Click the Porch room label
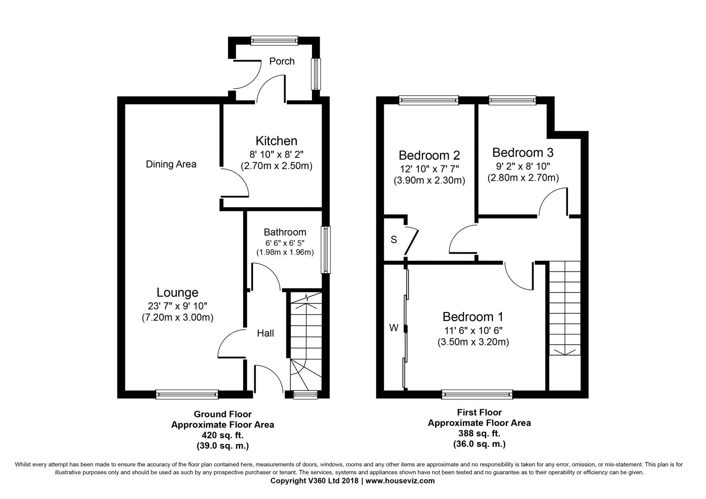pos(282,61)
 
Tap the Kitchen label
pos(276,141)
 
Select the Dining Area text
pos(171,164)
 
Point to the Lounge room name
pos(177,293)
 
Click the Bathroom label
pos(285,232)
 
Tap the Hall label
pos(265,333)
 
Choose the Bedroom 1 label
pos(473,316)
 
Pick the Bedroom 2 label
pos(429,155)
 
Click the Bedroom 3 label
pos(523,152)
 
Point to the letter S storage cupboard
pos(394,240)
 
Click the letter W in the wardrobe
pos(394,328)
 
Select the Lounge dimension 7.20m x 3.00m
pos(177,317)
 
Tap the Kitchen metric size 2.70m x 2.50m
pos(276,166)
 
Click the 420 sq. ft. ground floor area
pos(222,435)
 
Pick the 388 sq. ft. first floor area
pos(479,433)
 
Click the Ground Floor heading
pos(222,414)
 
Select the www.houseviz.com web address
pos(400,481)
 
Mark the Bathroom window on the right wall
pos(326,250)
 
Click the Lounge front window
pos(187,394)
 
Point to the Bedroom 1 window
pos(477,394)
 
